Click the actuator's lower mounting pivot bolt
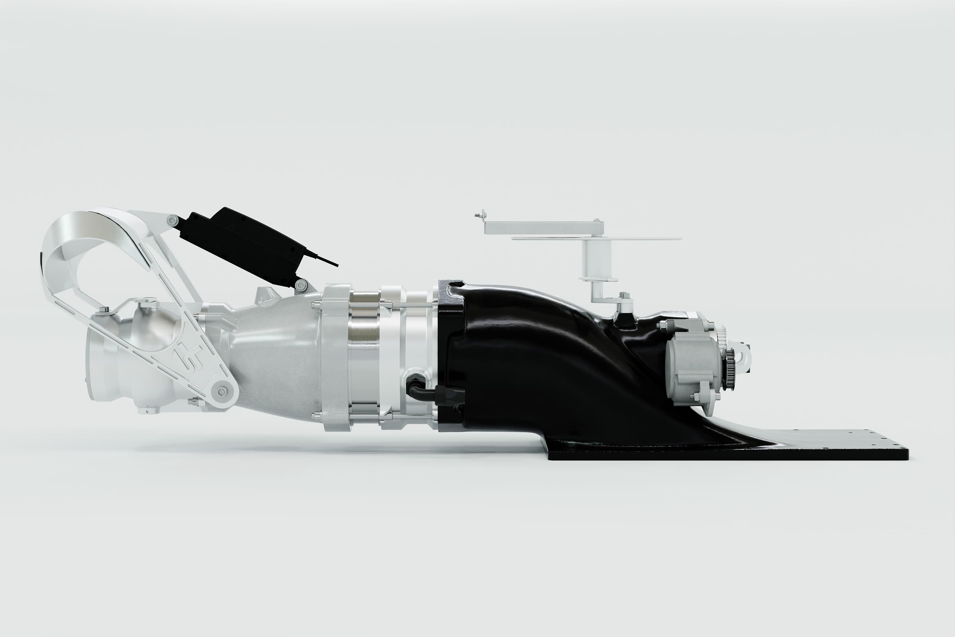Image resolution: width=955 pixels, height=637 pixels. tap(301, 285)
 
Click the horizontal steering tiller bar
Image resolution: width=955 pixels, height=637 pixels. tap(544, 227)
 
